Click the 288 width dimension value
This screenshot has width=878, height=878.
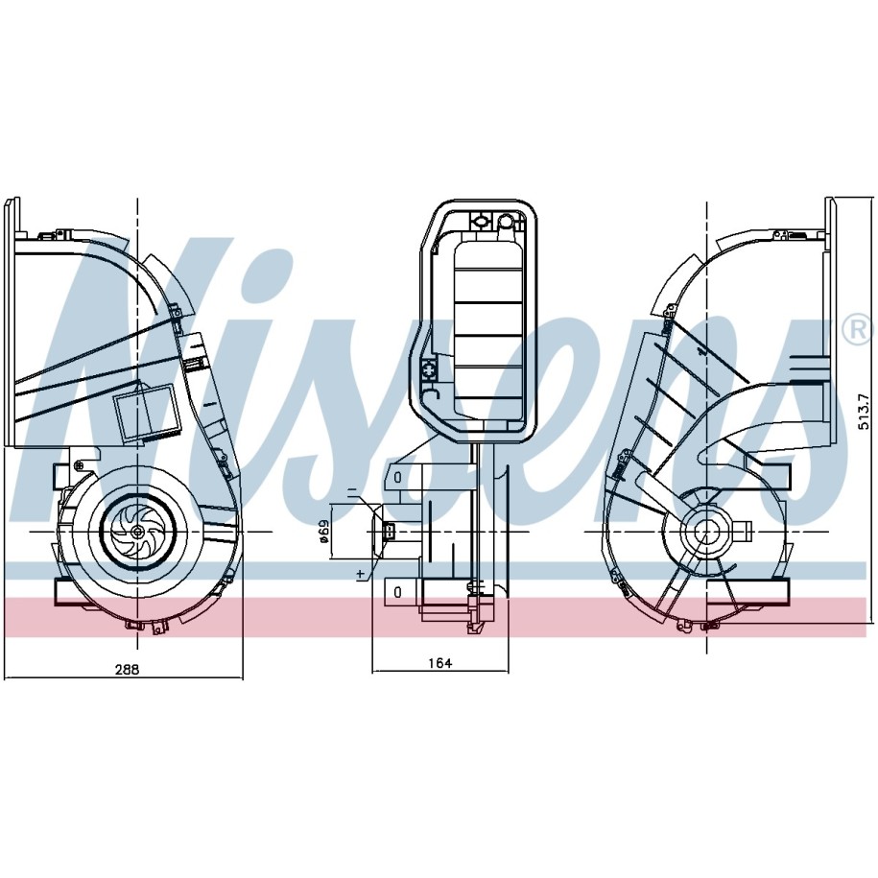[x=127, y=669]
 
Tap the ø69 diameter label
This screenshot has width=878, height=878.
[x=323, y=531]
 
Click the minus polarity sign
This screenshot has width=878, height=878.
[x=352, y=493]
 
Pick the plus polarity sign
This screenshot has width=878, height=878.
[x=361, y=574]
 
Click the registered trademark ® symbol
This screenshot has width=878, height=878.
[x=859, y=331]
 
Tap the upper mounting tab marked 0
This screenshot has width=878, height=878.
[x=398, y=477]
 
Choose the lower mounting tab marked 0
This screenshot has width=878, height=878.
[x=398, y=591]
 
